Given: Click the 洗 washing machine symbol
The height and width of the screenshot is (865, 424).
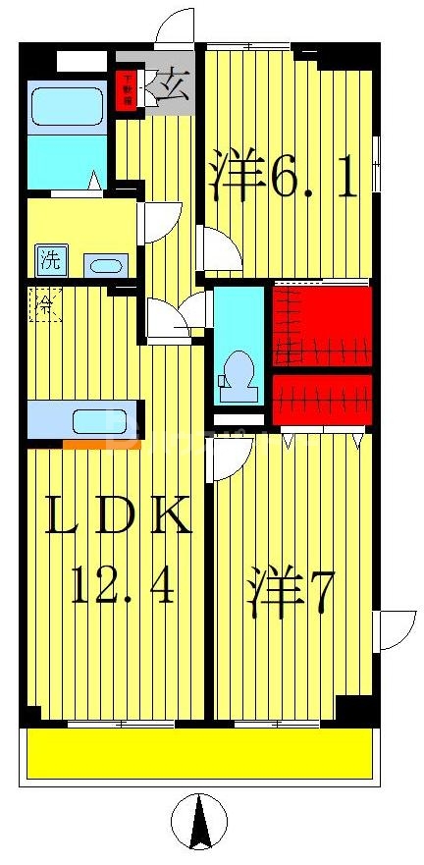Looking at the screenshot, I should (x=49, y=261).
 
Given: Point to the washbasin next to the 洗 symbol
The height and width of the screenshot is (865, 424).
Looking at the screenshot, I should (x=104, y=264).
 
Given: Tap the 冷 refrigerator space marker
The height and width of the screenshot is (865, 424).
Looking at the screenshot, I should (x=44, y=303).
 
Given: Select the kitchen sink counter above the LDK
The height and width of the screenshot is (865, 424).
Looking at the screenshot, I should (x=83, y=419).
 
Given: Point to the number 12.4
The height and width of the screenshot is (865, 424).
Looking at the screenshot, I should (x=122, y=588).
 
